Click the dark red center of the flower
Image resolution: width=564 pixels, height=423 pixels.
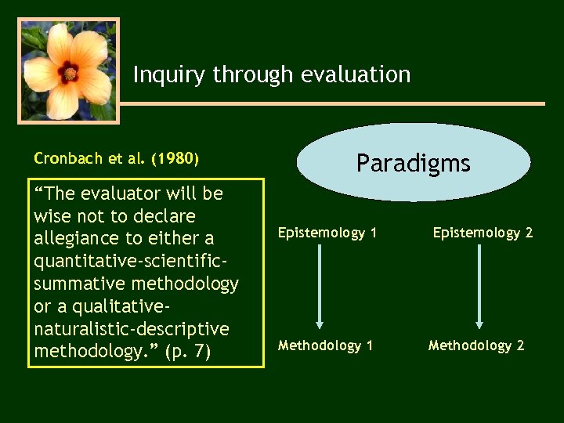[x=70, y=74]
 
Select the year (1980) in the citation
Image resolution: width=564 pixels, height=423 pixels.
[x=175, y=159]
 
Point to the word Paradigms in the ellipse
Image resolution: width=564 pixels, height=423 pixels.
[x=413, y=163]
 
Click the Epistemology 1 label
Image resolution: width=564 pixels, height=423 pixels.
[x=327, y=233]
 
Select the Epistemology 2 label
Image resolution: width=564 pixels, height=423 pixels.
[x=483, y=233]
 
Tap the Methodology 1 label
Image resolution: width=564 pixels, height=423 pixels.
[x=325, y=345]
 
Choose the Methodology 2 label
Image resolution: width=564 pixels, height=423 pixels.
[x=476, y=345]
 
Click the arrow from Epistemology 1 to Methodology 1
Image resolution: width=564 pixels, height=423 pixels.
[x=320, y=286]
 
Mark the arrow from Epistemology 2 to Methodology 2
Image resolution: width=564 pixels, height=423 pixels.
[x=479, y=286]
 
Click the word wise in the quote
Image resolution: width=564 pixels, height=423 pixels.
[x=52, y=215]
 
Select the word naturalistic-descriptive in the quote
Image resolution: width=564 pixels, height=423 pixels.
[x=132, y=328]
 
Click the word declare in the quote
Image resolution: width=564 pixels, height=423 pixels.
[x=163, y=215]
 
